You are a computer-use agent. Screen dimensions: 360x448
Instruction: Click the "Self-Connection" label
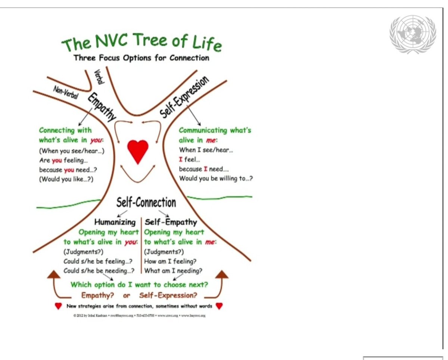pyautogui.click(x=146, y=202)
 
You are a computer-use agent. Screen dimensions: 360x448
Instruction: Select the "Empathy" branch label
pyautogui.click(x=102, y=107)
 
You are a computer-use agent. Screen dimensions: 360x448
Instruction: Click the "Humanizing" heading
pyautogui.click(x=115, y=222)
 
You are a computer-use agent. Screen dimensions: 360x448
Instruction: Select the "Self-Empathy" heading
pyautogui.click(x=171, y=222)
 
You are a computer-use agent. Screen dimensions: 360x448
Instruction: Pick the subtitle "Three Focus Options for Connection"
pyautogui.click(x=141, y=58)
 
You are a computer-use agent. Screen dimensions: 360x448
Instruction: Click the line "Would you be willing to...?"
pyautogui.click(x=216, y=178)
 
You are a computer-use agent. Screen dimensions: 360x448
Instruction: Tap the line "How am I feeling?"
pyautogui.click(x=170, y=261)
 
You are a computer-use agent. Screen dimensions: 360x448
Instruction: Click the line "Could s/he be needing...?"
pyautogui.click(x=99, y=271)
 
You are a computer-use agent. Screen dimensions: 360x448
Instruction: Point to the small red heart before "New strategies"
pyautogui.click(x=58, y=306)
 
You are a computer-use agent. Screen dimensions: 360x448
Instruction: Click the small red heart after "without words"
pyautogui.click(x=219, y=306)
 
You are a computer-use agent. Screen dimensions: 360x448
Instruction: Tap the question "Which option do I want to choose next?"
pyautogui.click(x=139, y=285)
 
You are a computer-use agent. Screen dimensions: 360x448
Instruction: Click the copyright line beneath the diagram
pyautogui.click(x=139, y=316)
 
